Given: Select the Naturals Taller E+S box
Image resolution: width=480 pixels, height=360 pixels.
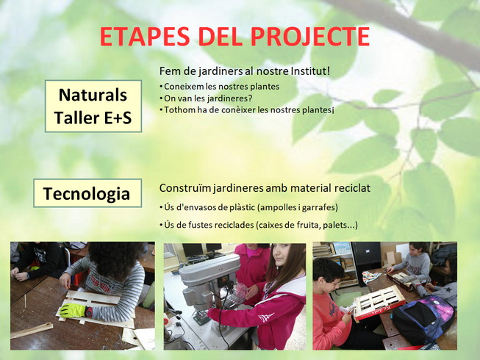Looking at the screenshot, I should (x=93, y=106).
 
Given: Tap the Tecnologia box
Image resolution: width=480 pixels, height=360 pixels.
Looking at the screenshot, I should (x=87, y=194).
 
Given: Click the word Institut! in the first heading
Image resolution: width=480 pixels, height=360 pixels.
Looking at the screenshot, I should (x=305, y=71).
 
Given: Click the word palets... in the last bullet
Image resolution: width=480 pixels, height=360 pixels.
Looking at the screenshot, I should (x=338, y=225).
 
